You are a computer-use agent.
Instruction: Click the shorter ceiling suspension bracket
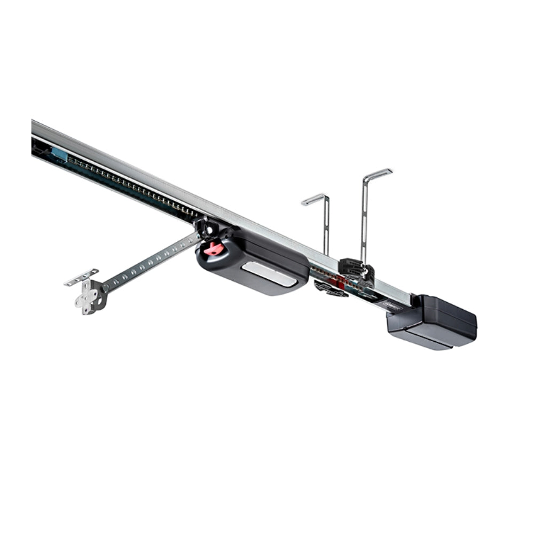(x=325, y=224)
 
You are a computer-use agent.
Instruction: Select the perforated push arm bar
(x=150, y=261)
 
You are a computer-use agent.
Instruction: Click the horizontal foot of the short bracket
(x=313, y=199)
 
